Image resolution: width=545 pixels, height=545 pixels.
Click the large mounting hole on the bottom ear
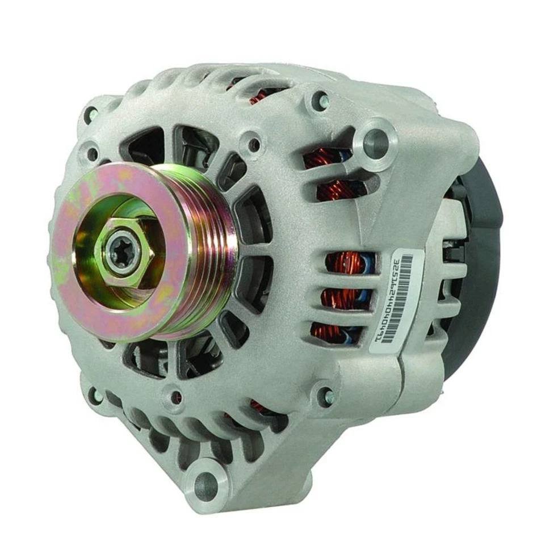click(x=205, y=486)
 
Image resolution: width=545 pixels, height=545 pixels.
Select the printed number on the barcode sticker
click(x=392, y=301)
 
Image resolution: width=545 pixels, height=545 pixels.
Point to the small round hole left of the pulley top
click(x=91, y=152)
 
